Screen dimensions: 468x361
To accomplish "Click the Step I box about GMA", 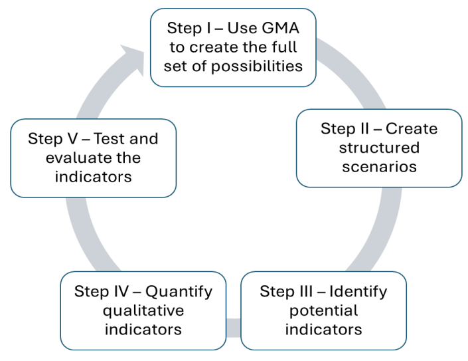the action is [233, 47].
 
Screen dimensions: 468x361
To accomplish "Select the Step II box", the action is [379, 148].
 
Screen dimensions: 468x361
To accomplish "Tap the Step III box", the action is [323, 310].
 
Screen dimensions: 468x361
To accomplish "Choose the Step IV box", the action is [143, 310].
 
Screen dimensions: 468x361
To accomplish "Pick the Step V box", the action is [94, 158].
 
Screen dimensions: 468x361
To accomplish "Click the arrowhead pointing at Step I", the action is [134, 59].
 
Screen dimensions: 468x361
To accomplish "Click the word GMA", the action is [280, 28].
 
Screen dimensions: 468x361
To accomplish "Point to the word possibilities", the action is [257, 66].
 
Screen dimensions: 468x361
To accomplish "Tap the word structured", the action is [379, 148].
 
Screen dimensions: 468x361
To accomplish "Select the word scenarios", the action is [379, 167].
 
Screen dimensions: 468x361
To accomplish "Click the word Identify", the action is [358, 292].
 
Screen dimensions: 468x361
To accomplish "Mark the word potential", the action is [323, 310].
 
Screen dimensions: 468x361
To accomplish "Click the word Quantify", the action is [179, 292].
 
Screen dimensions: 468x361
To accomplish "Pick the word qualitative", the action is [143, 310].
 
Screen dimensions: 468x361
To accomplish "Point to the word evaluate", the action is [79, 158].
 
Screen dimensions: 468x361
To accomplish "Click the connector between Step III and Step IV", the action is [234, 328].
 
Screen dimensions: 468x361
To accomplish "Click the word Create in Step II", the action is [412, 129].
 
